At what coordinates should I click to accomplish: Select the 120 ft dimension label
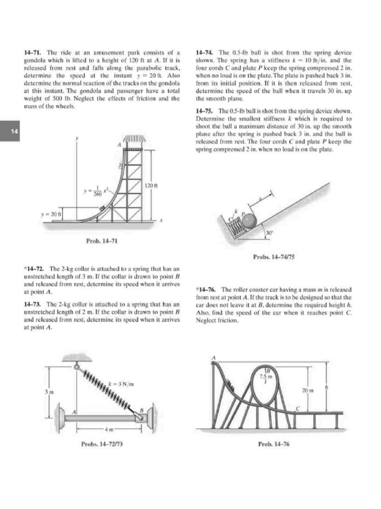(151, 185)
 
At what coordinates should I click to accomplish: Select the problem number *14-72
(34, 269)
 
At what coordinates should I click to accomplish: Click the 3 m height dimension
(46, 392)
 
